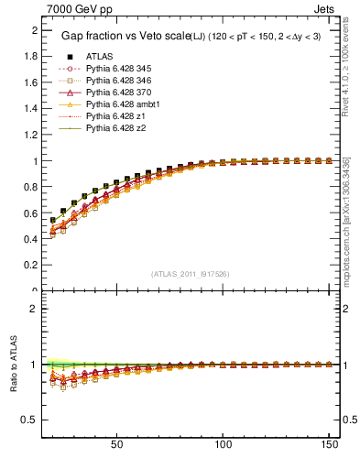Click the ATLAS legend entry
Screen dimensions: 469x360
[x=100, y=56]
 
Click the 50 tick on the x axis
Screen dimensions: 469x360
[x=116, y=443]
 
